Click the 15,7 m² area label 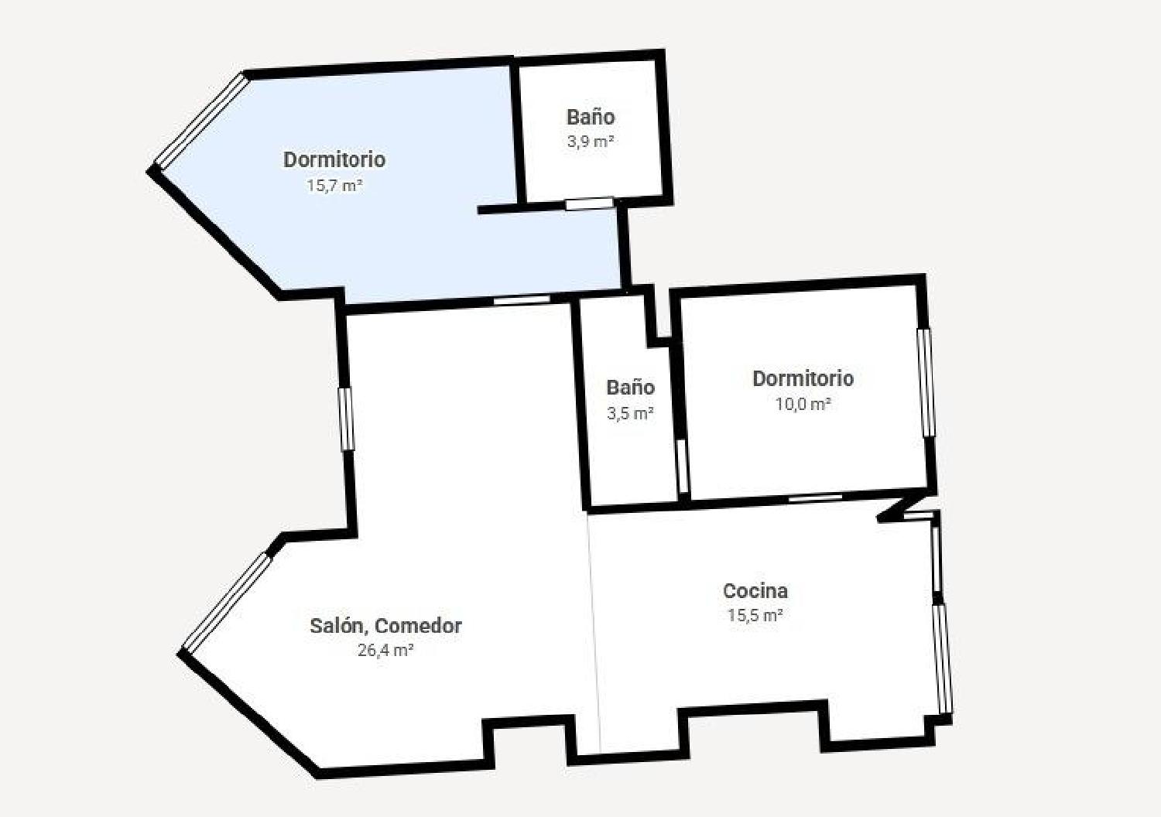[x=334, y=186]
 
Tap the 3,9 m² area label [x=591, y=142]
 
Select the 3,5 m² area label [x=630, y=413]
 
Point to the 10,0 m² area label [x=803, y=404]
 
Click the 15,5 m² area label [x=755, y=615]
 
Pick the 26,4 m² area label [x=385, y=650]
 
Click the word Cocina [x=755, y=590]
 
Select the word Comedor [x=418, y=626]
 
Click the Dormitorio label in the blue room [x=334, y=159]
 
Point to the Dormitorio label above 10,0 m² [x=803, y=378]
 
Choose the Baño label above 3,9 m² [x=591, y=117]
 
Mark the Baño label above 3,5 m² [x=630, y=387]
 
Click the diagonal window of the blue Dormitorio [x=202, y=121]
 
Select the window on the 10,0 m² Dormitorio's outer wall [x=926, y=382]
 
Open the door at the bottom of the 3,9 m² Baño [x=589, y=203]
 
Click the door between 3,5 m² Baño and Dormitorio [x=683, y=467]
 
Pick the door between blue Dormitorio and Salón [x=522, y=299]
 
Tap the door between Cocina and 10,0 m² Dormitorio [x=815, y=498]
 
